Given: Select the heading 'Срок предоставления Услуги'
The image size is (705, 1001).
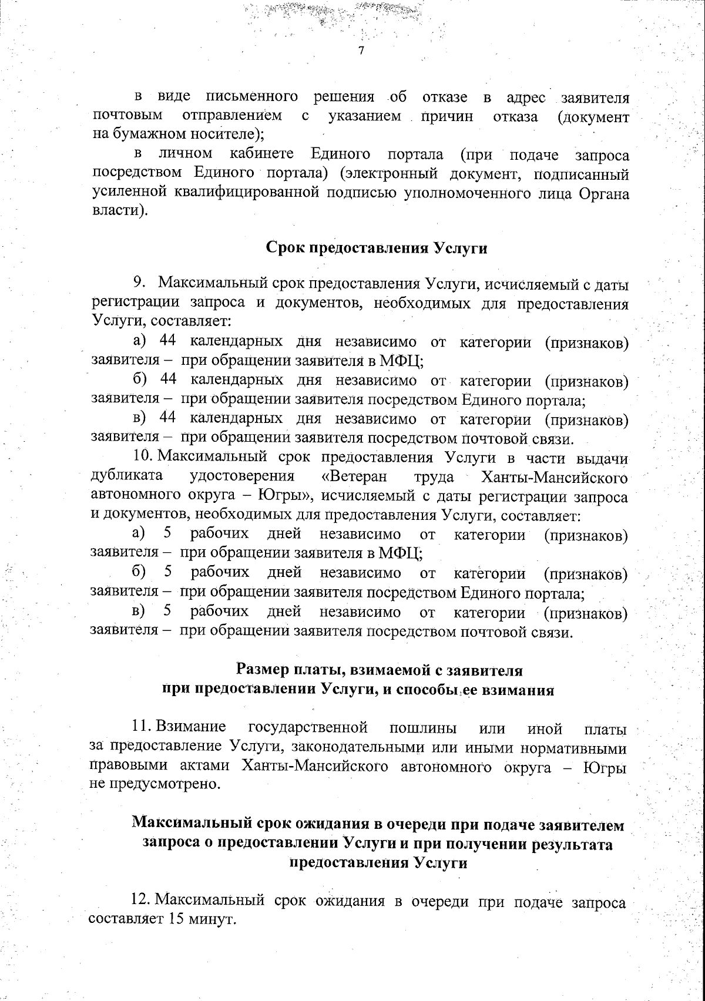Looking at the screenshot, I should (x=377, y=248).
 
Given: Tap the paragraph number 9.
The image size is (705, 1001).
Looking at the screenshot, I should (x=139, y=284).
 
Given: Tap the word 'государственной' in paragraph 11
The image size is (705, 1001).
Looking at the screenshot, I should (x=308, y=728).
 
